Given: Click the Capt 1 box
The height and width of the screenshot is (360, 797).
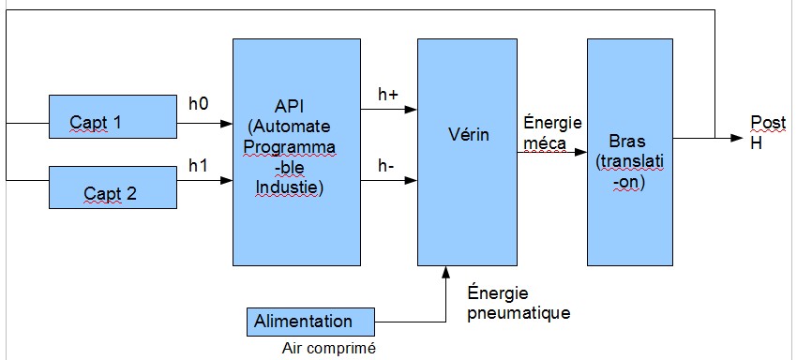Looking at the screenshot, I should coord(113,113).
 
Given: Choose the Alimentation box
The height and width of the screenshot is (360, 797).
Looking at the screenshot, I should coord(304,322).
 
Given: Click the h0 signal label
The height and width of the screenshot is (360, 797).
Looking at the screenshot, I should coord(199,104).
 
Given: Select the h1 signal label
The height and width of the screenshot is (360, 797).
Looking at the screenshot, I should coord(198,166).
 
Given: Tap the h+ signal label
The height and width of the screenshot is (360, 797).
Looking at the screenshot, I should coord(386,94).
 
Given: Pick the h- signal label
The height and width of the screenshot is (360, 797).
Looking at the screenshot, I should coord(384,165).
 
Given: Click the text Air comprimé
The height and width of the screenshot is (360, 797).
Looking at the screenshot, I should coord(328,349).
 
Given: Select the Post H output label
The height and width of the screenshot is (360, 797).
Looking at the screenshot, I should coord(761,131).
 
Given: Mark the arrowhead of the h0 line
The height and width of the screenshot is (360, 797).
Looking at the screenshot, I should coord(227,123).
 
